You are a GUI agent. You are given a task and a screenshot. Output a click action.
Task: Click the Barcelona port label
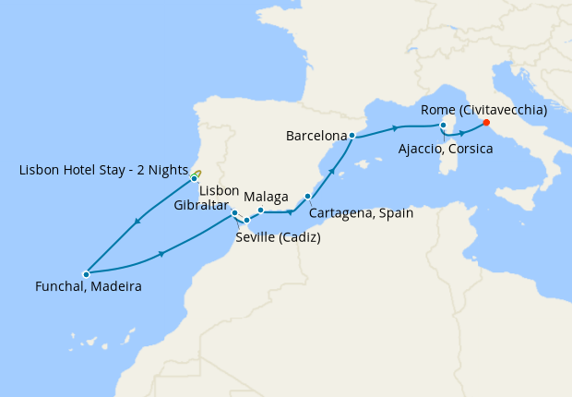point(316,136)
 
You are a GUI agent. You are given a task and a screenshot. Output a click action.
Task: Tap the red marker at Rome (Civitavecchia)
point(486,123)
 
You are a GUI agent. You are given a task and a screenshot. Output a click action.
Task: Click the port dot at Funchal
point(86,273)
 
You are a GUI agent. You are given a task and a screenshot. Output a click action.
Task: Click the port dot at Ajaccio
point(444,126)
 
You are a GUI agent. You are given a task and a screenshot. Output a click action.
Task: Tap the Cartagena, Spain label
point(361,212)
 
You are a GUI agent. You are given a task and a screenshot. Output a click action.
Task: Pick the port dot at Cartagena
point(307,196)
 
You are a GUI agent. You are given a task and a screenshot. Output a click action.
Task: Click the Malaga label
point(267,197)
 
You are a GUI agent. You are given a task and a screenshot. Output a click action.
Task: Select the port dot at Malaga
point(261,211)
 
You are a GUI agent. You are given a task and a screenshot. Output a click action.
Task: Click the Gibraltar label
point(201,205)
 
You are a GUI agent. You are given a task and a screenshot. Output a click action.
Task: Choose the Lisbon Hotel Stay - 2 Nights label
point(102,170)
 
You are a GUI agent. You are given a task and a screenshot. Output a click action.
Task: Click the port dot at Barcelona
point(352,136)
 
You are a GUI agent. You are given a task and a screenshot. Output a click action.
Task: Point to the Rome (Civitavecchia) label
point(483,110)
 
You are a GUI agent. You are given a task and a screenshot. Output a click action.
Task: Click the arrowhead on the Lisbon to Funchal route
point(137,222)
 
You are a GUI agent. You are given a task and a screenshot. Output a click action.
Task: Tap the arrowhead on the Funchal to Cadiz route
point(162,254)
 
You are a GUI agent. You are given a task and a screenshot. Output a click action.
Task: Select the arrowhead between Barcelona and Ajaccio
point(395,127)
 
